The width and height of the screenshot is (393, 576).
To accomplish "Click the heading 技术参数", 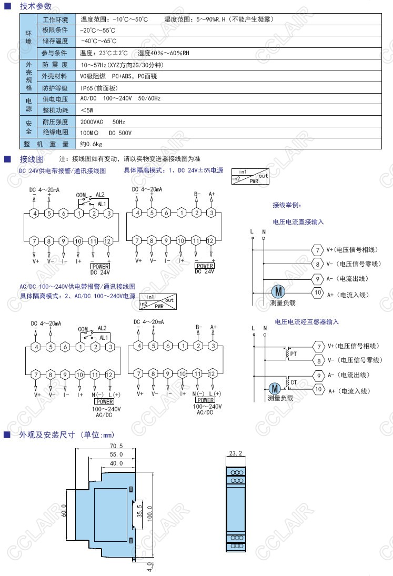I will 35,6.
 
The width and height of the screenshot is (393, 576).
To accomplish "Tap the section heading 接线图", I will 31,159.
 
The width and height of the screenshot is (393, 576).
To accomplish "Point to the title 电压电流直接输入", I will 298,222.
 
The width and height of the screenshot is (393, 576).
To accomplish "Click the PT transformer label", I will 293,353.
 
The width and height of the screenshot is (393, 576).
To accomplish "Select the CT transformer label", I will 294,381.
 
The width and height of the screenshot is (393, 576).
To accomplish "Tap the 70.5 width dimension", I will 116,446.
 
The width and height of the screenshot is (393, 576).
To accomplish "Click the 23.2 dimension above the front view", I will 236,453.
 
